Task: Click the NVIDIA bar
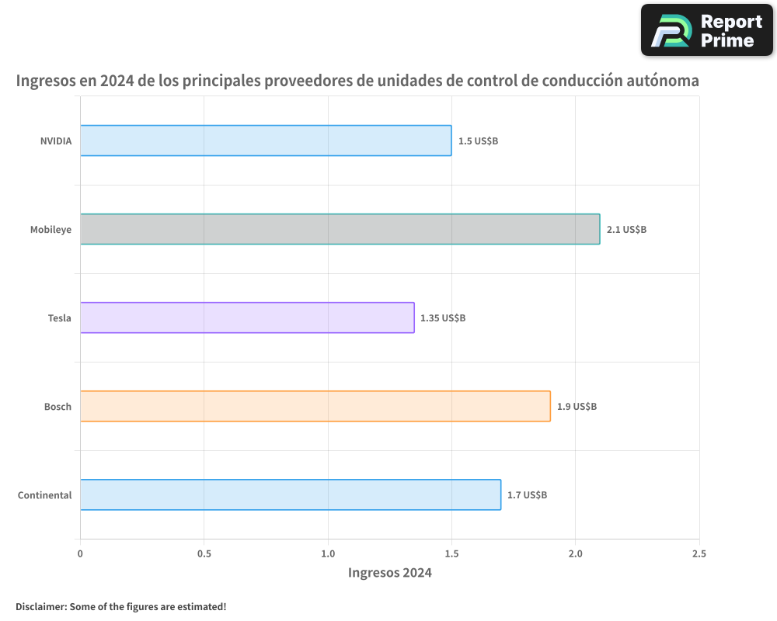click(x=266, y=141)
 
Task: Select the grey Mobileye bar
click(x=340, y=229)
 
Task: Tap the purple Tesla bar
click(x=247, y=317)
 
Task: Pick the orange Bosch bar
click(x=315, y=406)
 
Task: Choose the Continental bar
click(x=290, y=494)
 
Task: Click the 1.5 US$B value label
click(x=478, y=141)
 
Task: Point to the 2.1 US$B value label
click(x=626, y=230)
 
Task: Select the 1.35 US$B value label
click(x=443, y=318)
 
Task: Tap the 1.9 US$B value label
click(x=577, y=407)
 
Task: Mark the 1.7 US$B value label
click(x=527, y=495)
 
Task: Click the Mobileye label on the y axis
click(x=51, y=230)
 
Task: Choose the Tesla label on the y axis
click(x=59, y=318)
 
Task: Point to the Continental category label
click(x=44, y=495)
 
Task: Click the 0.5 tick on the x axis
click(x=204, y=553)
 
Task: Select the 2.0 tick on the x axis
click(x=575, y=553)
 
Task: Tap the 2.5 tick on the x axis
click(x=699, y=553)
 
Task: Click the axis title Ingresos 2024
click(x=389, y=573)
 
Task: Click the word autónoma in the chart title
click(x=663, y=81)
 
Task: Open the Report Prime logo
click(x=707, y=30)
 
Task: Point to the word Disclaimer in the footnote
click(x=40, y=606)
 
